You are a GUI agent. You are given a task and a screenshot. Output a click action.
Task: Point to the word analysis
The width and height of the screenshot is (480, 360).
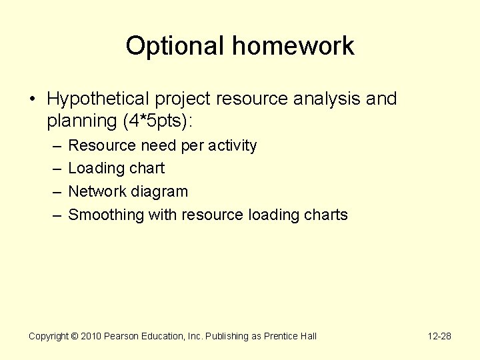[322, 99]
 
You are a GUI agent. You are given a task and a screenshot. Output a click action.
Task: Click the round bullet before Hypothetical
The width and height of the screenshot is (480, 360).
[33, 100]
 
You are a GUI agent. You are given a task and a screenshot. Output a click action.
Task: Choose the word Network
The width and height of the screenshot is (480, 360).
[96, 191]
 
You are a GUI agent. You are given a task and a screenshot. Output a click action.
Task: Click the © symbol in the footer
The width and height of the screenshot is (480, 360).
[75, 336]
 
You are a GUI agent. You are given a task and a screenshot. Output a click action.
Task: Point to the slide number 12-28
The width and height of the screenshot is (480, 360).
[439, 336]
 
